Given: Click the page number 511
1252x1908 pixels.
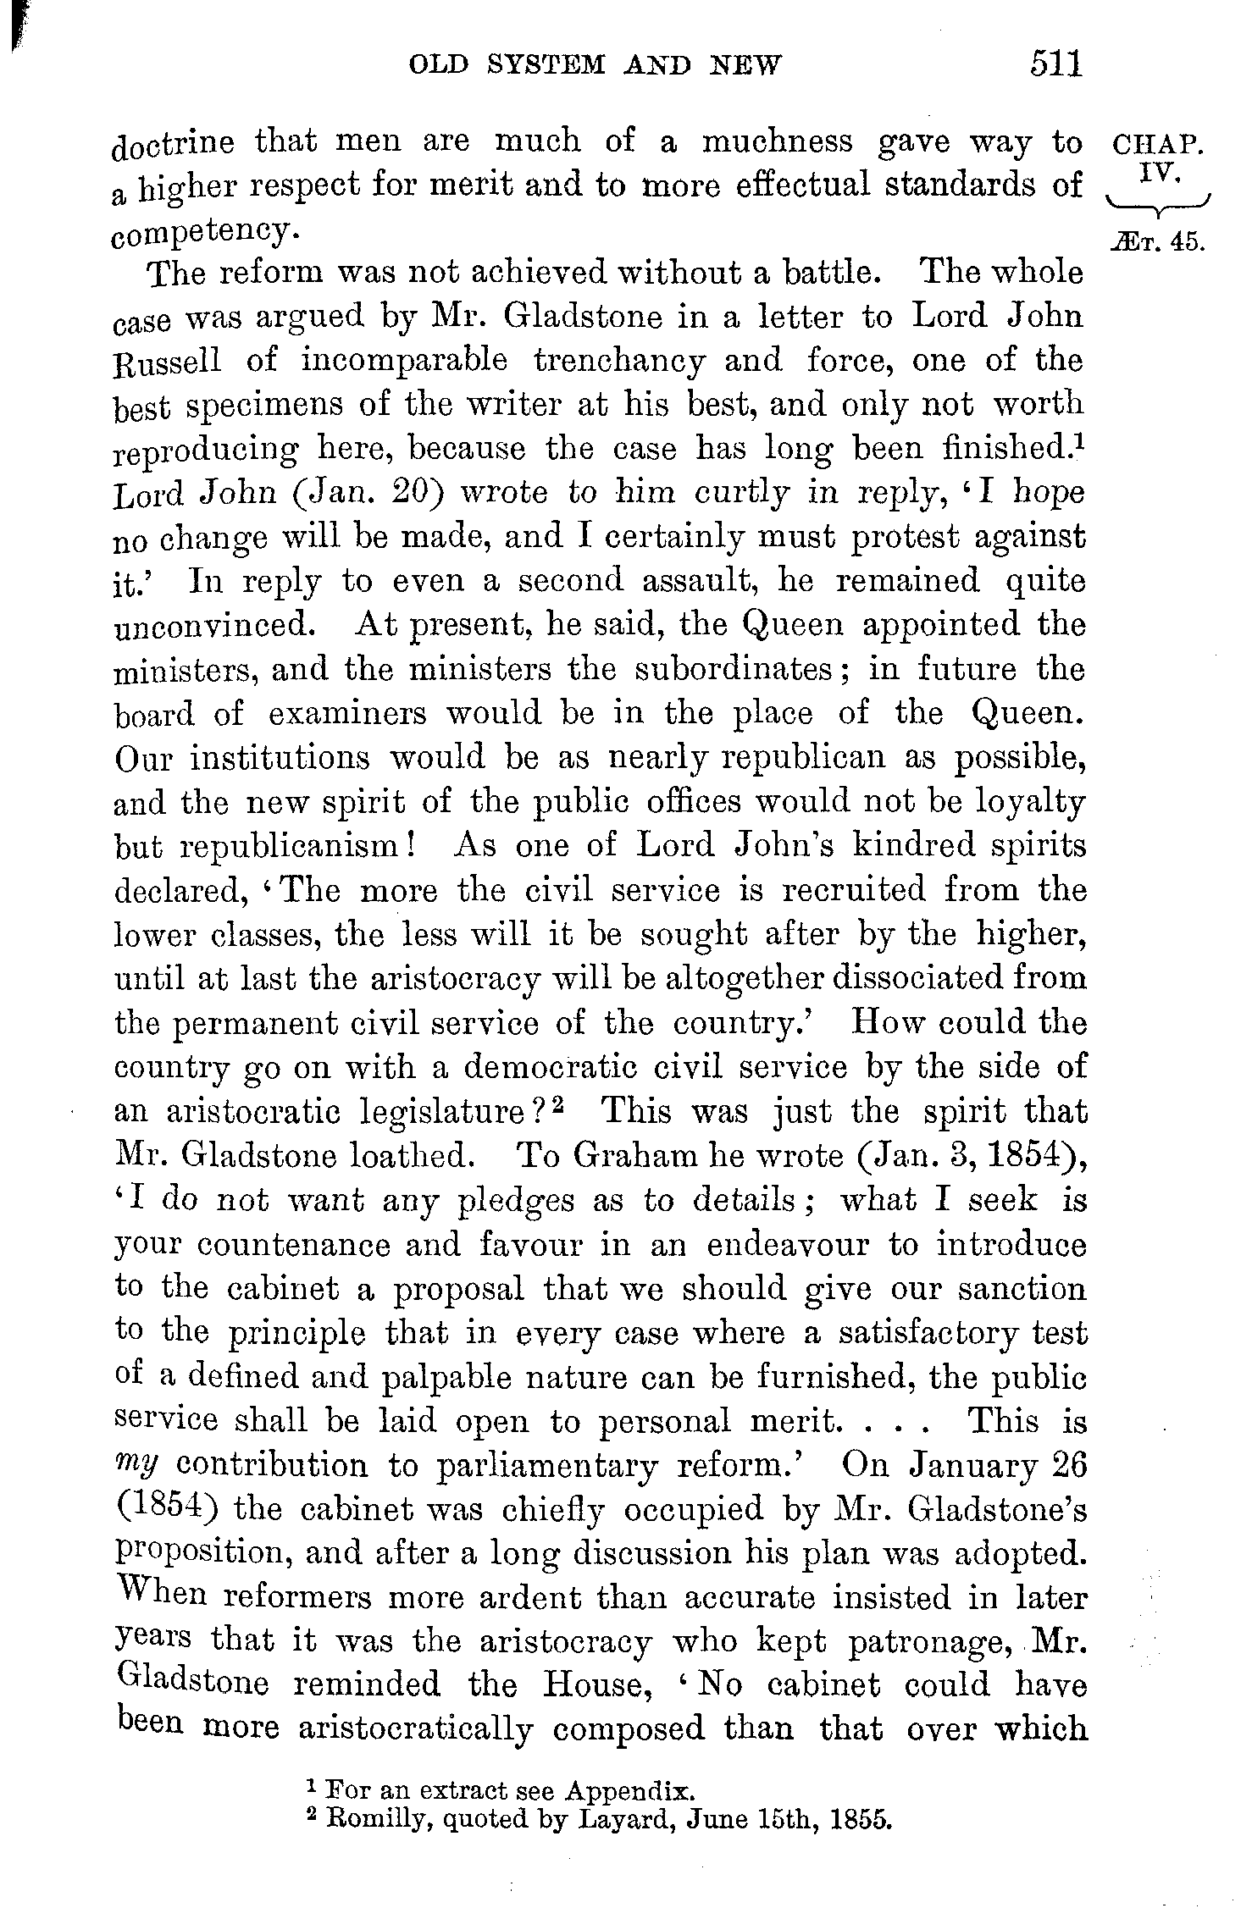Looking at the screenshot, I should tap(1056, 64).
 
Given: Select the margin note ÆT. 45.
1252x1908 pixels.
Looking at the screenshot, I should tap(1161, 242).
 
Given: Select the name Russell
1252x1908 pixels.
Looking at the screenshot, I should tap(167, 362).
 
